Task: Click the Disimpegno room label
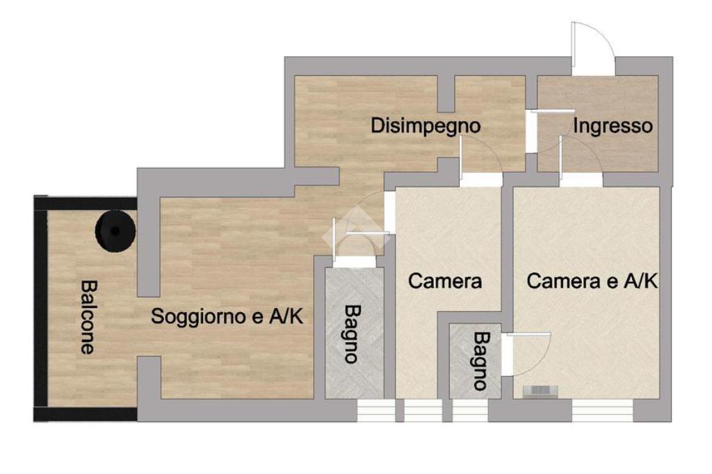pyautogui.click(x=426, y=126)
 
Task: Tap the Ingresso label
pyautogui.click(x=613, y=126)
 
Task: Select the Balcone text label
pyautogui.click(x=88, y=317)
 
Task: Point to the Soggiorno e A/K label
pyautogui.click(x=227, y=316)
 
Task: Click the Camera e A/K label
pyautogui.click(x=592, y=281)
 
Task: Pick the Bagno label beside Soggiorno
pyautogui.click(x=352, y=334)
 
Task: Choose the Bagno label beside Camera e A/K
pyautogui.click(x=481, y=361)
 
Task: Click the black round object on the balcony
pyautogui.click(x=115, y=231)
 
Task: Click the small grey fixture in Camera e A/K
pyautogui.click(x=540, y=391)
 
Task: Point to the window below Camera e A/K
pyautogui.click(x=601, y=411)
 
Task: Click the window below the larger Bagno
pyautogui.click(x=375, y=411)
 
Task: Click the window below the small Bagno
pyautogui.click(x=471, y=411)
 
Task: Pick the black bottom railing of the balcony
pyautogui.click(x=86, y=414)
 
